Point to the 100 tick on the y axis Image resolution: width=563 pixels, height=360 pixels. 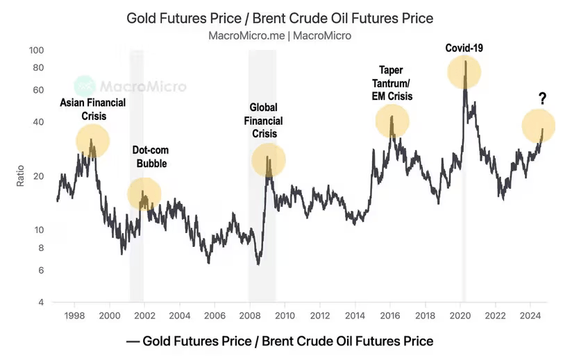36,51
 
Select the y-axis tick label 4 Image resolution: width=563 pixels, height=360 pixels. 41,303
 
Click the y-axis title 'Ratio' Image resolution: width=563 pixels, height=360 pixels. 20,176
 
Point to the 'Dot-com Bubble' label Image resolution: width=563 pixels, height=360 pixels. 151,157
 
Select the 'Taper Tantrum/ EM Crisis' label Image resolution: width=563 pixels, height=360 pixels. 392,83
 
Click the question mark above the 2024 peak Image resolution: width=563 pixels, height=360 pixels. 542,99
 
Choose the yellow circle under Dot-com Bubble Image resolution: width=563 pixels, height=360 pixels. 144,194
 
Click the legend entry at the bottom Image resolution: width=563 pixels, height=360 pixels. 280,341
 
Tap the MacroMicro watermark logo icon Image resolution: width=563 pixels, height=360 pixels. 85,87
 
